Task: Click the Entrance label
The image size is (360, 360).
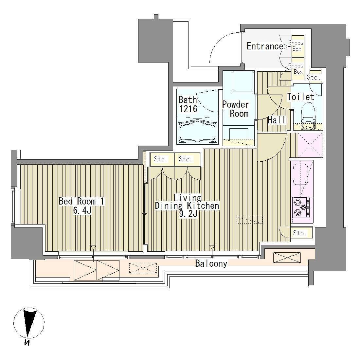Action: coord(264,46)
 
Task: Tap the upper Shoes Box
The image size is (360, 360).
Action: coord(297,46)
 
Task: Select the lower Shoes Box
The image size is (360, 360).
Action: coord(297,69)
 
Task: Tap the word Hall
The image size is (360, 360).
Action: coord(277,120)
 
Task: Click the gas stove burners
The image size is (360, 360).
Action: coord(300,207)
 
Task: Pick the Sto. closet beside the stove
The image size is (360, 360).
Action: coord(300,233)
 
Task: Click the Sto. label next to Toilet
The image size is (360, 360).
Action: coord(314,78)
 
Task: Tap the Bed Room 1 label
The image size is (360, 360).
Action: coord(81,201)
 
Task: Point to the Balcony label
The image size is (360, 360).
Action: coord(211,263)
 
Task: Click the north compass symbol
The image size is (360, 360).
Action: coord(29,323)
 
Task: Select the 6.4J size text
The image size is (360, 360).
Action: coord(81,210)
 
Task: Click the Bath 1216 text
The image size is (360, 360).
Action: coord(188,104)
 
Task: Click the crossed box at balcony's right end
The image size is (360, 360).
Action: coord(287,257)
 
